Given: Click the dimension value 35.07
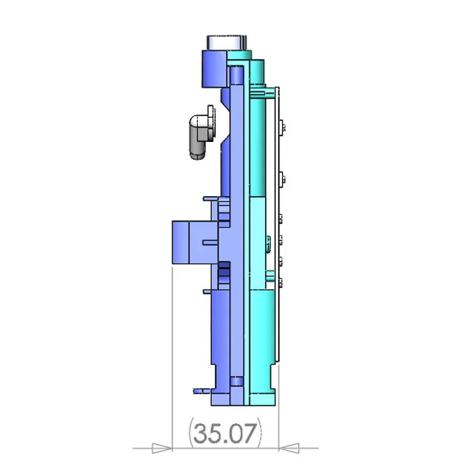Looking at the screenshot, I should coord(225,434).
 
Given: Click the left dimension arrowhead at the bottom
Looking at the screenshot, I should coord(162,448).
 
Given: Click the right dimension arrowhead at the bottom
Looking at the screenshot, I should coord(290,448).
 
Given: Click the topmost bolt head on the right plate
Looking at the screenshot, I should coord(283,125).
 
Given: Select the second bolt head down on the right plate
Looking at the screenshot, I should coord(283,177).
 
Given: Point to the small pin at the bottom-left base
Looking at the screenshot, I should coord(198,388).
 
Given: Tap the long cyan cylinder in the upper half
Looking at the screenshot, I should coord(261,146).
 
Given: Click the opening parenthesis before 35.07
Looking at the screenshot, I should coord(191,434).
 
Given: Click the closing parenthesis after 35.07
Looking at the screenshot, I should coord(260,434).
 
